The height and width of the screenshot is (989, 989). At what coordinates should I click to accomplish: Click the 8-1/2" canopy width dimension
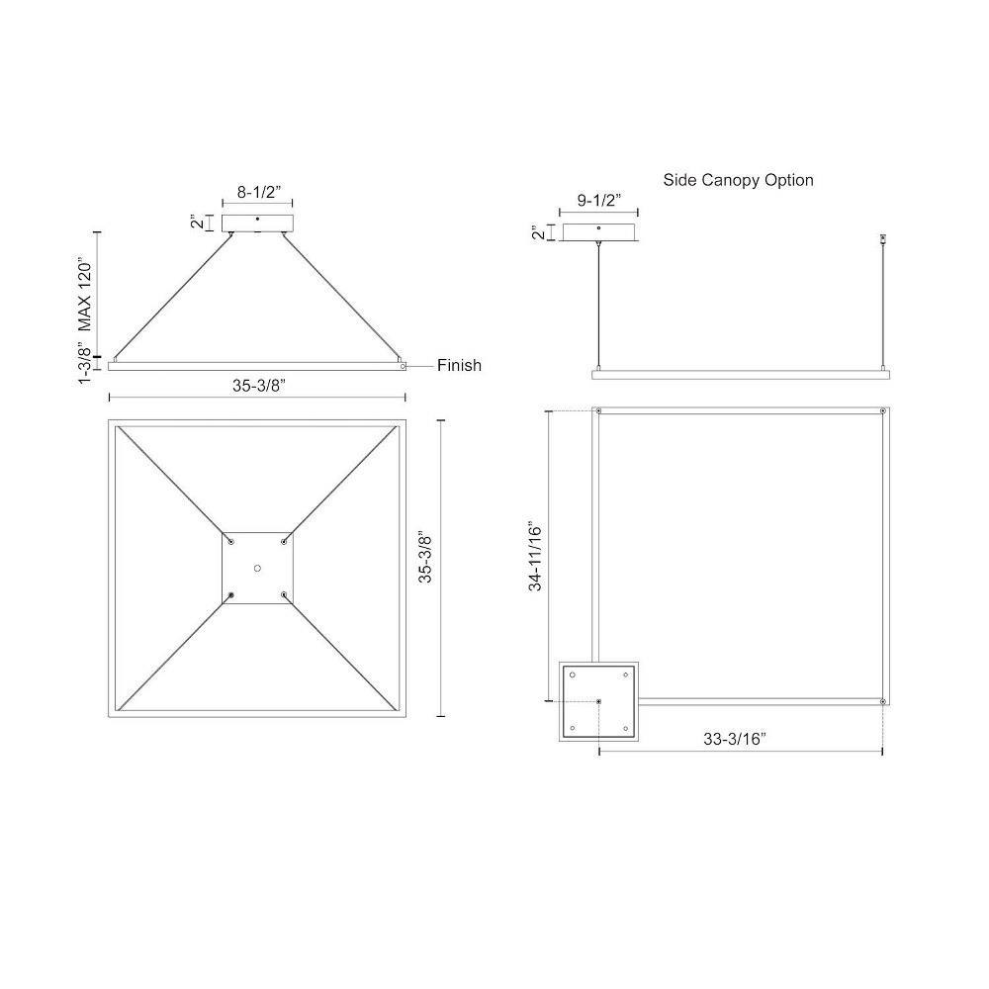point(258,193)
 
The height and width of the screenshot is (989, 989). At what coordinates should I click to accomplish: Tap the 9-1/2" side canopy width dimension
point(599,201)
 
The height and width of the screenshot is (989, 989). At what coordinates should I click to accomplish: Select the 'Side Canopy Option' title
point(738,180)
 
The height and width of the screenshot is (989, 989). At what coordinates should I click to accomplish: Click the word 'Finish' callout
point(459,365)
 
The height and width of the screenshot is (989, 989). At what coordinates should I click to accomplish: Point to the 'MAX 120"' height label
point(84,294)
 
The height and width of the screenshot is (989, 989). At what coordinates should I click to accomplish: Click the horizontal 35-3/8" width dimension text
point(258,386)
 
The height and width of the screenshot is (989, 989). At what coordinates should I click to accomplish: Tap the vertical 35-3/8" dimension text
point(425,558)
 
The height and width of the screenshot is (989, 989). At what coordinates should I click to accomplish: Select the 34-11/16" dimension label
point(535,556)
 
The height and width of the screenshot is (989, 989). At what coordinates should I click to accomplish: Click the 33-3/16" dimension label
point(735,739)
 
